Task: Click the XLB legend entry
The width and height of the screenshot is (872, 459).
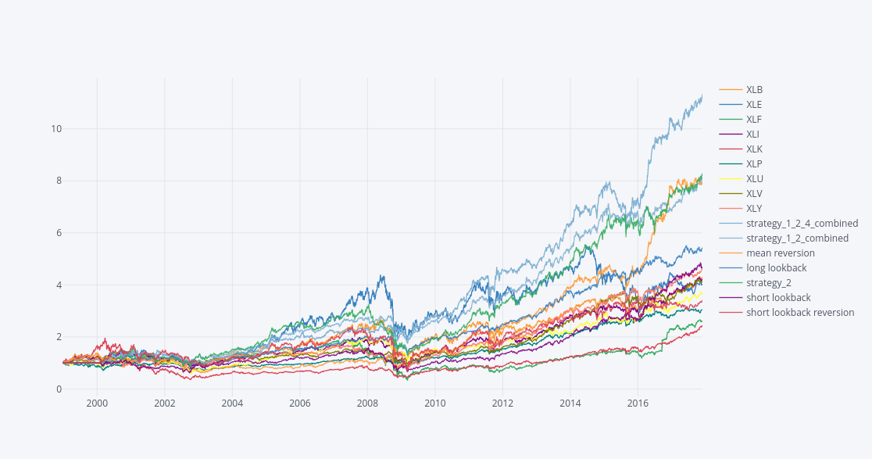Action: [x=754, y=90]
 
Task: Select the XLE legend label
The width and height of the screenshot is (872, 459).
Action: [x=754, y=105]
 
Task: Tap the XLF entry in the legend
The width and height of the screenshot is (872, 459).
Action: [x=754, y=120]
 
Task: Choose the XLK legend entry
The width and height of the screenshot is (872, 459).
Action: [x=754, y=149]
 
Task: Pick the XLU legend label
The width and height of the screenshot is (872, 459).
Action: [x=754, y=179]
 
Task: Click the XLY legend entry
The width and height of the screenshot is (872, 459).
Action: [x=754, y=209]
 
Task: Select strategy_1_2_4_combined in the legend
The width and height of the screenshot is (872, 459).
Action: [x=802, y=224]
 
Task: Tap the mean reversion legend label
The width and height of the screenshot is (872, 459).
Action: [x=780, y=253]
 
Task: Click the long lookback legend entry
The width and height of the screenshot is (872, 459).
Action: [x=776, y=268]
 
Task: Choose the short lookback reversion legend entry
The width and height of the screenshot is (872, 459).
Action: [x=800, y=313]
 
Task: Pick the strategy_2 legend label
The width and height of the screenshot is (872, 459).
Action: [x=769, y=283]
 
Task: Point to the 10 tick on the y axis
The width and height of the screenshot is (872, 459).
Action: [x=56, y=129]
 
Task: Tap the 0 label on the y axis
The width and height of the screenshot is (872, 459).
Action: [x=59, y=389]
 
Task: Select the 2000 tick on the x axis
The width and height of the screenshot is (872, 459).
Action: [x=97, y=403]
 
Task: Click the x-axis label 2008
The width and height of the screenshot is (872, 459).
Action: [x=367, y=403]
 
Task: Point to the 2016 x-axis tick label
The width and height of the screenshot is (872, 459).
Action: [x=638, y=403]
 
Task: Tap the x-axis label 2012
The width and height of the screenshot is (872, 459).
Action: [x=502, y=403]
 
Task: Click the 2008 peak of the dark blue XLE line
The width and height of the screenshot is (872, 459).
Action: [x=381, y=275]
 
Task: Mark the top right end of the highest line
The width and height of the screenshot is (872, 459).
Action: [x=702, y=95]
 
